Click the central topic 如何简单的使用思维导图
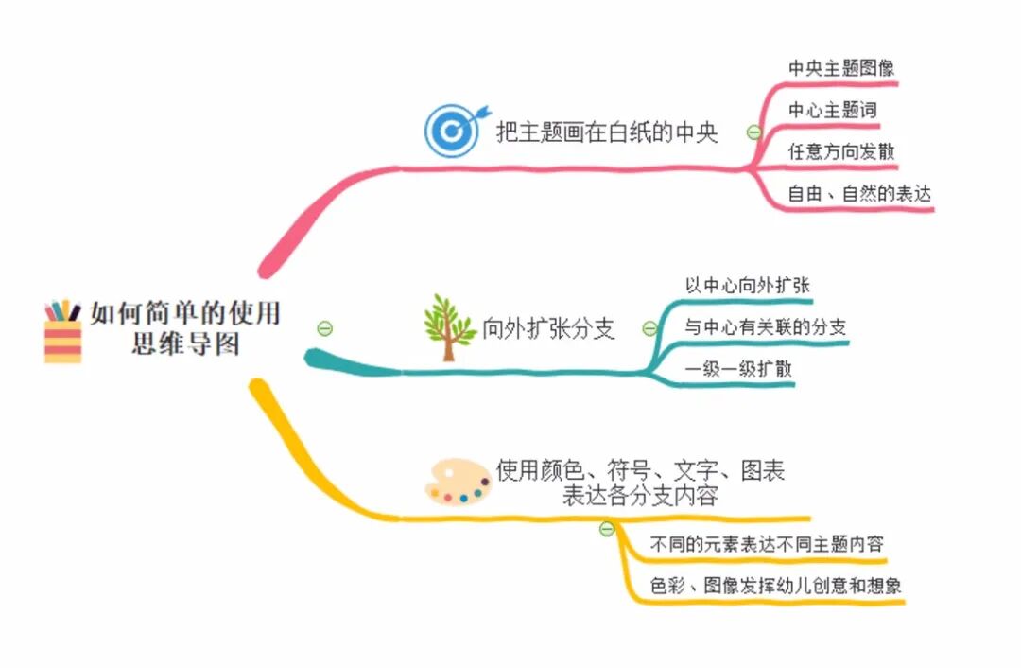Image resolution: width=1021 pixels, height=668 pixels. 185,327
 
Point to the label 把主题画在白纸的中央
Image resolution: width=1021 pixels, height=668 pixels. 607,132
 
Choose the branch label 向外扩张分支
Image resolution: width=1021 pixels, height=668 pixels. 548,329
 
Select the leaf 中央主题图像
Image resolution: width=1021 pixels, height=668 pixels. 841,68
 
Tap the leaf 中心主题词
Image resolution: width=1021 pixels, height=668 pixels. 832,110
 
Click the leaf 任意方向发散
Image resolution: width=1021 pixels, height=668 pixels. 841,151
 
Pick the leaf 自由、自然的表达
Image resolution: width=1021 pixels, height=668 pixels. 859,194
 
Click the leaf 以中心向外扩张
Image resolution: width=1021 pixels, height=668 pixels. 748,285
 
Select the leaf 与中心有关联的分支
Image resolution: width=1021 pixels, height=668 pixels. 765,327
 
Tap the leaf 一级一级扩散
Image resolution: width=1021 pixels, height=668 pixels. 738,370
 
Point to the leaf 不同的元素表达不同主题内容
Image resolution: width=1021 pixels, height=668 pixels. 767,545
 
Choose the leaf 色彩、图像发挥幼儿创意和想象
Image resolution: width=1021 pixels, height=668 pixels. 775,586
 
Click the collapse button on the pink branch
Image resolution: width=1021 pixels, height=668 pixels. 753,132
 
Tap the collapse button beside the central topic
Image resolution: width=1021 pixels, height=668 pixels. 325,328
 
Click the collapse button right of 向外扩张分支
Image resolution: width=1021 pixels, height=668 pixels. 649,329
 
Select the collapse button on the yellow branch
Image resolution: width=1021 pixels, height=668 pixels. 607,529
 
